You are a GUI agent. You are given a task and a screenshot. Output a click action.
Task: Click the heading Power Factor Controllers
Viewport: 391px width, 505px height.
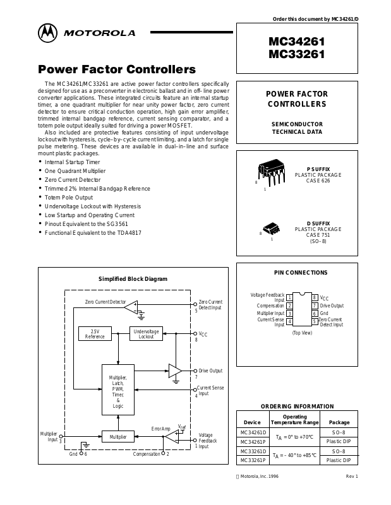point(117,69)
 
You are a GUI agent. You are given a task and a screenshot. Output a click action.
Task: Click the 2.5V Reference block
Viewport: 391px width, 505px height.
point(95,334)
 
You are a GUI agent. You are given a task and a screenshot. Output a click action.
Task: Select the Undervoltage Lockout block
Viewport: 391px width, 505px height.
point(147,334)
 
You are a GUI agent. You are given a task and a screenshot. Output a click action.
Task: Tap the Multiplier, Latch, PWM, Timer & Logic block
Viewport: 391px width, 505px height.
point(118,391)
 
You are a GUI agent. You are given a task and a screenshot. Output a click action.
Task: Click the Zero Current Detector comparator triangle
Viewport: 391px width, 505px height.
point(131,307)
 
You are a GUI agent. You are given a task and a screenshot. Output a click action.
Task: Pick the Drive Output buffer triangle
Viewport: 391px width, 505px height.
point(175,371)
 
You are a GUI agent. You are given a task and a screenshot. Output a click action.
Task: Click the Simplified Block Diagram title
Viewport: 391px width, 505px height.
point(133,278)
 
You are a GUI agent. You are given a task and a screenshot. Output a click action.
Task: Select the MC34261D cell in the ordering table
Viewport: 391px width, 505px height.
point(248,432)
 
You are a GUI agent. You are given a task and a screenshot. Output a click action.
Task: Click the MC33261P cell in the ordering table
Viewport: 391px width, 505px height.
point(248,460)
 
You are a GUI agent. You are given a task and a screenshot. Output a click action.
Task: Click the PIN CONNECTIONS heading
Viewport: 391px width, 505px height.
point(301,273)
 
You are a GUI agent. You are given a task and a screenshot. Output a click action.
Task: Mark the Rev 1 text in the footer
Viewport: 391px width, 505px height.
point(352,475)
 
